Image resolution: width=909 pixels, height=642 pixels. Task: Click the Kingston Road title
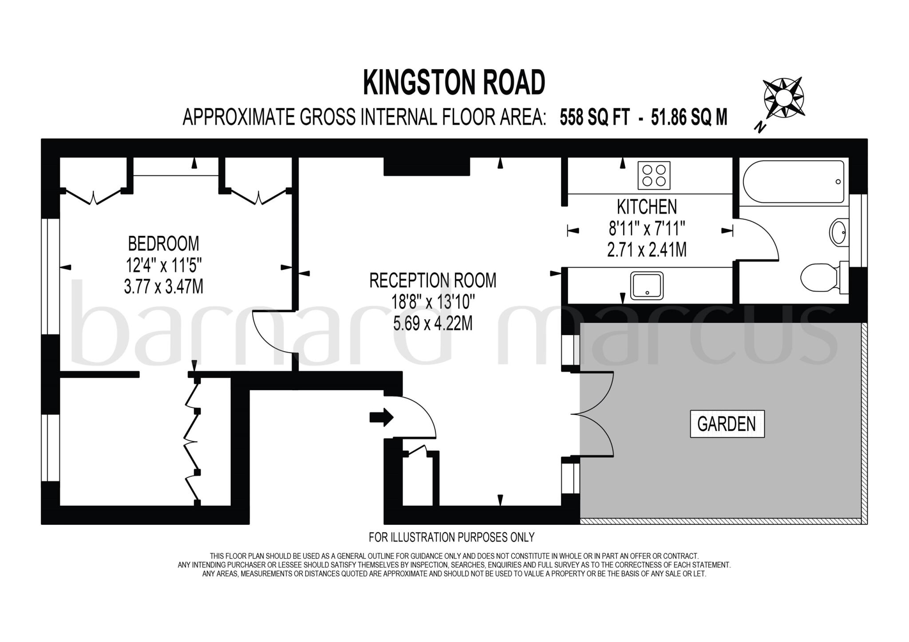pyautogui.click(x=454, y=83)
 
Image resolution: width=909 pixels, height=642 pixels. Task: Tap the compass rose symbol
pyautogui.click(x=783, y=98)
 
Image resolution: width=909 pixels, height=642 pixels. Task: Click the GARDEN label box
pyautogui.click(x=727, y=424)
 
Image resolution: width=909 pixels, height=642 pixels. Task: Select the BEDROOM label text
pyautogui.click(x=163, y=244)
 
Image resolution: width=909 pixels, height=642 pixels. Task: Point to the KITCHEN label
pyautogui.click(x=647, y=207)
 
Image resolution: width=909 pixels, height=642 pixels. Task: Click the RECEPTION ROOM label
pyautogui.click(x=433, y=281)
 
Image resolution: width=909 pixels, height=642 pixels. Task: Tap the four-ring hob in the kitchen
pyautogui.click(x=654, y=175)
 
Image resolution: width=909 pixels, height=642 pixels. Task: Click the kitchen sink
pyautogui.click(x=647, y=285)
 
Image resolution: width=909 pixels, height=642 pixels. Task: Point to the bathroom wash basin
pyautogui.click(x=838, y=231)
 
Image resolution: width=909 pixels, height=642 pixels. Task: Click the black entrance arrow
pyautogui.click(x=381, y=417)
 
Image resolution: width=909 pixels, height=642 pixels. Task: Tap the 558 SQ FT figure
pyautogui.click(x=594, y=118)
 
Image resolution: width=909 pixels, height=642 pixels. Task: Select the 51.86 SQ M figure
pyautogui.click(x=689, y=118)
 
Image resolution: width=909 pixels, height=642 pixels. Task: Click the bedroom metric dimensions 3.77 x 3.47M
pyautogui.click(x=163, y=287)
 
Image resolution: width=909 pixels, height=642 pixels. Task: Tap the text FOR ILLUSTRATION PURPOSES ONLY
pyautogui.click(x=451, y=537)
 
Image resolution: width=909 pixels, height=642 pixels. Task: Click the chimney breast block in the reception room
pyautogui.click(x=427, y=166)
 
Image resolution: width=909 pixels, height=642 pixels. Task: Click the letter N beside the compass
pyautogui.click(x=760, y=128)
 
